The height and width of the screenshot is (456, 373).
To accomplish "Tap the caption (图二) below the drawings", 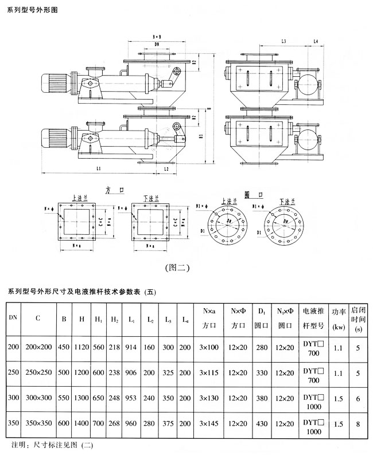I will tap(177, 268).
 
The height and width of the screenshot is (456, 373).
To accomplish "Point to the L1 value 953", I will tap(132, 397).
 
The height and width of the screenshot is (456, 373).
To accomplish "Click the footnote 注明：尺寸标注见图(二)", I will tap(52, 444).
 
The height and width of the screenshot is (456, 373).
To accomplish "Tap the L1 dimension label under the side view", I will tap(99, 169).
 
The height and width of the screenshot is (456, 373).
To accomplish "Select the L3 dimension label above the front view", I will tap(285, 41).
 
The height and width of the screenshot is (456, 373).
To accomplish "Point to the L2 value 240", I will tap(149, 397).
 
